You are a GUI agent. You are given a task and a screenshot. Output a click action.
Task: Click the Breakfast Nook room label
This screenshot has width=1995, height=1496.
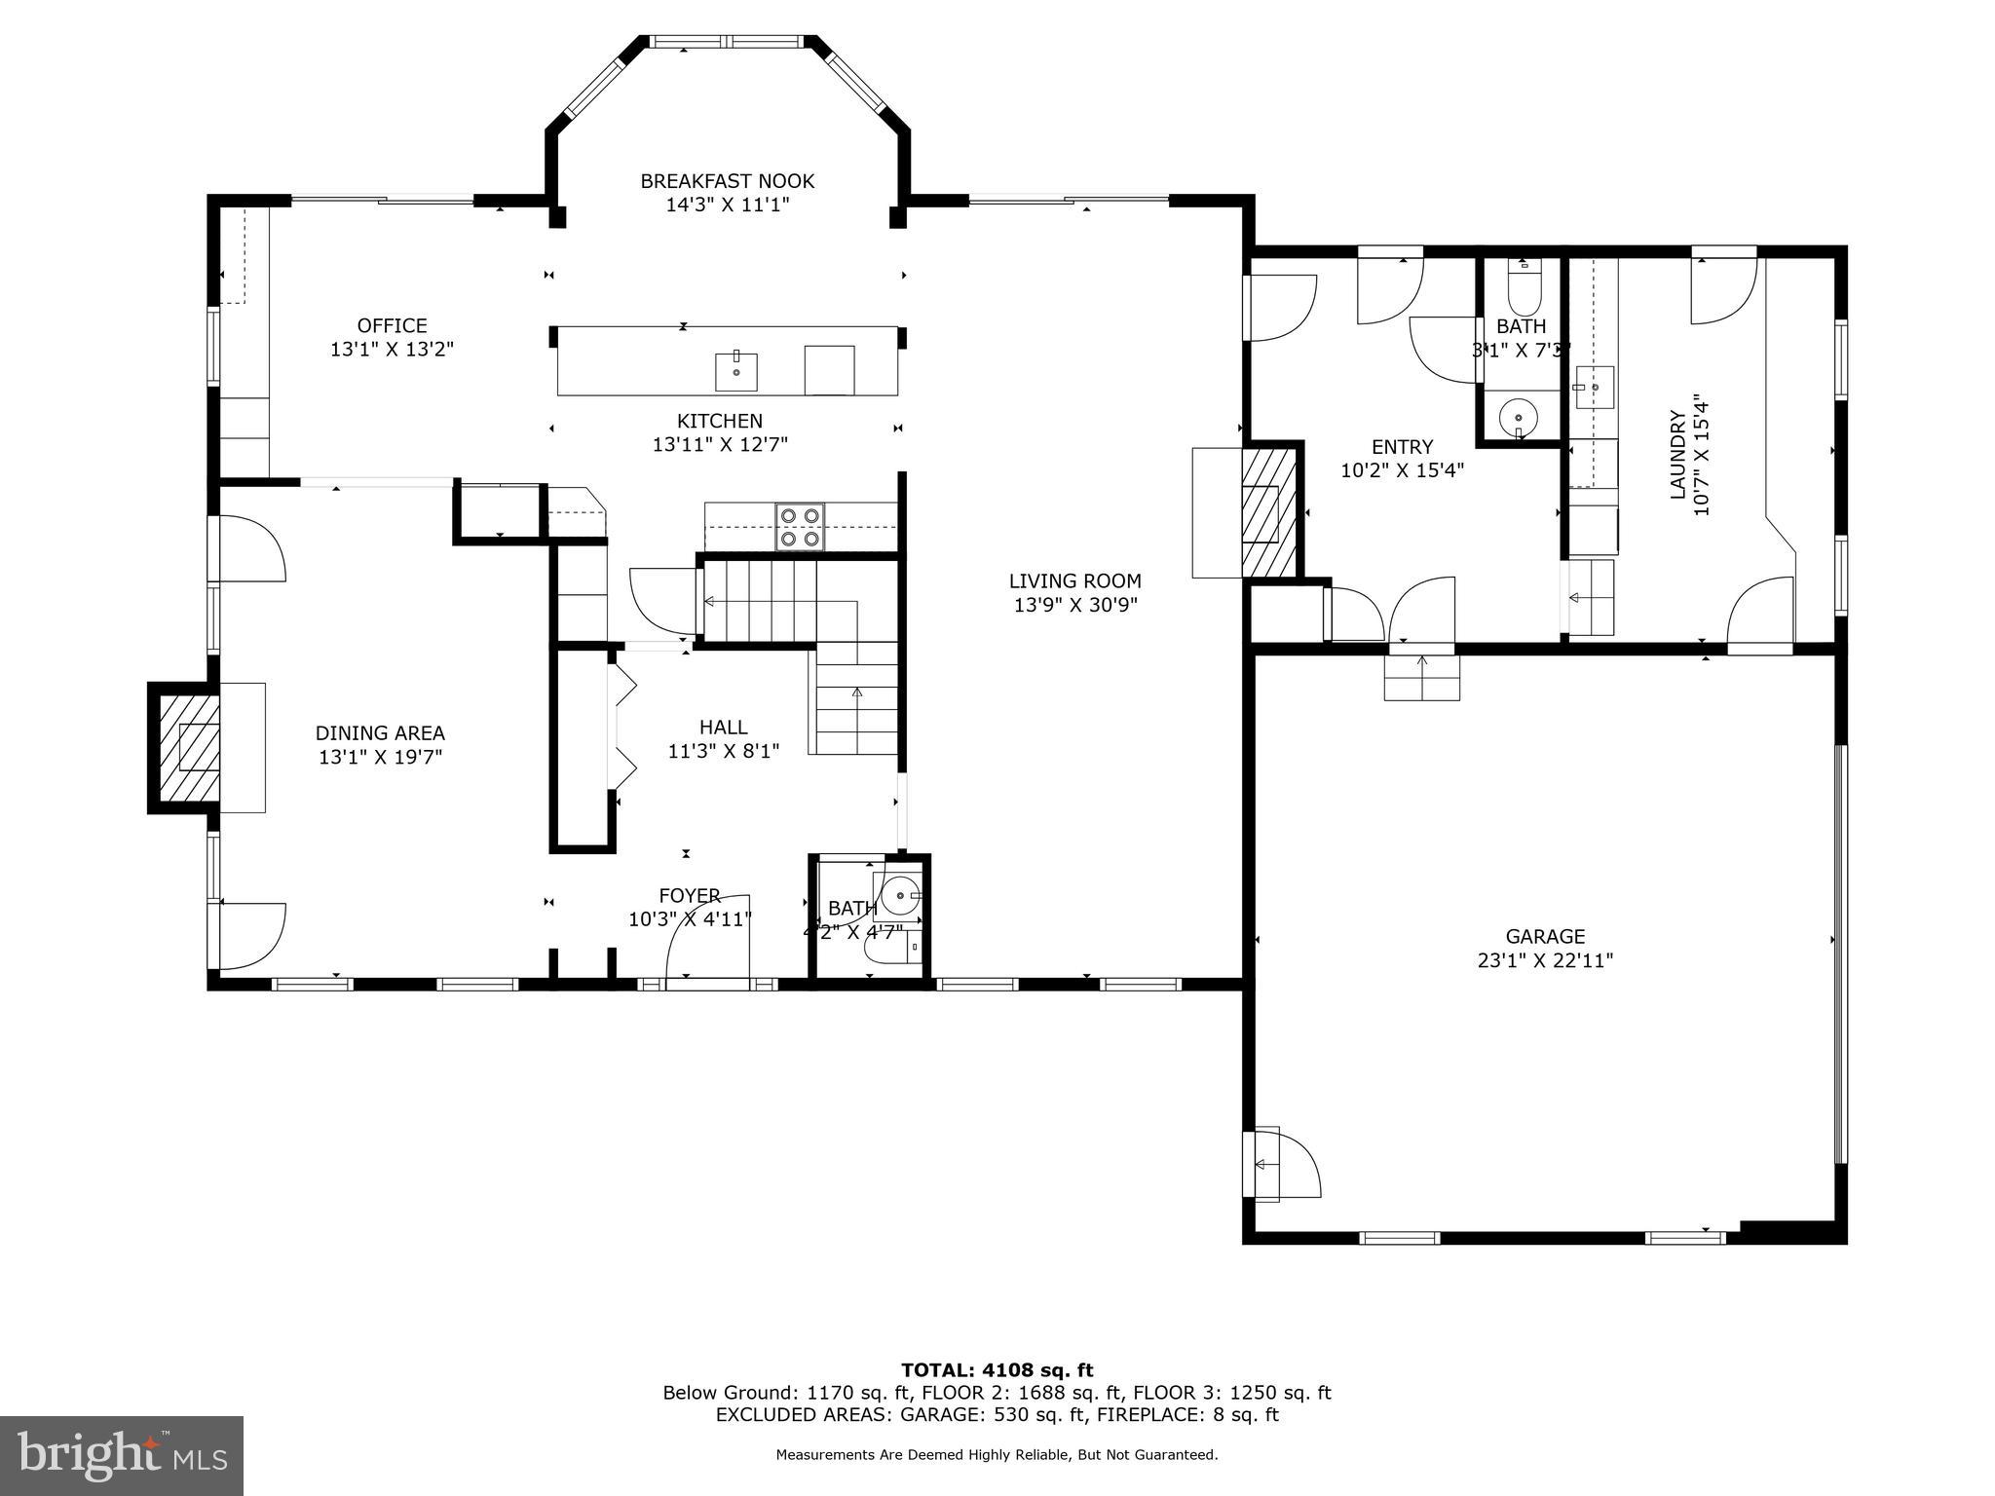[727, 181]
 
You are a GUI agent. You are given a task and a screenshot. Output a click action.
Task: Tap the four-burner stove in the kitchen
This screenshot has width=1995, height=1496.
[800, 527]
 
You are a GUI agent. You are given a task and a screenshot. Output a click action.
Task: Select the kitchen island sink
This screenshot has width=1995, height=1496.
[736, 371]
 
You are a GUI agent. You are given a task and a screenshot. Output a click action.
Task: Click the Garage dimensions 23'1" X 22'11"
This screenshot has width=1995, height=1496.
[1545, 960]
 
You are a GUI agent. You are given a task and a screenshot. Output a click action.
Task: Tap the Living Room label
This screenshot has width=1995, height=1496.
[1074, 581]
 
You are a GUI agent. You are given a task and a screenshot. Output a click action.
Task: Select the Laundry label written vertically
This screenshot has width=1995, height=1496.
[1677, 455]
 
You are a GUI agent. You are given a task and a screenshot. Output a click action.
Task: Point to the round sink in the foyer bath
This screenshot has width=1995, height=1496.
[901, 893]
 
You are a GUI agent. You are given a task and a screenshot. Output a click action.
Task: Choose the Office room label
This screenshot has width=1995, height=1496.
[392, 325]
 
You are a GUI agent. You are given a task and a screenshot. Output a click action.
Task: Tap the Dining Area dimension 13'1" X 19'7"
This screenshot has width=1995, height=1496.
[380, 757]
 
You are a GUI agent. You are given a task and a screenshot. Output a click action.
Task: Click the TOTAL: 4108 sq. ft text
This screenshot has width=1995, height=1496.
[997, 1370]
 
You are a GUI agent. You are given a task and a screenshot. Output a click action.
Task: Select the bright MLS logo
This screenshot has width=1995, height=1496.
[122, 1455]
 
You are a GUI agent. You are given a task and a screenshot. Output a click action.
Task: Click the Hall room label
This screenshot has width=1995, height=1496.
[723, 727]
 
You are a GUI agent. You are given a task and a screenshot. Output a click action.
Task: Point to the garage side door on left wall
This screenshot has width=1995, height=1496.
[1280, 1164]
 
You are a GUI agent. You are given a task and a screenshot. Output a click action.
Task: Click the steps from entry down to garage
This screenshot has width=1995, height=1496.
[1422, 678]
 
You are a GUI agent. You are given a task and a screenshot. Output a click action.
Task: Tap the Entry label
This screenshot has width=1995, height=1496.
[1402, 446]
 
